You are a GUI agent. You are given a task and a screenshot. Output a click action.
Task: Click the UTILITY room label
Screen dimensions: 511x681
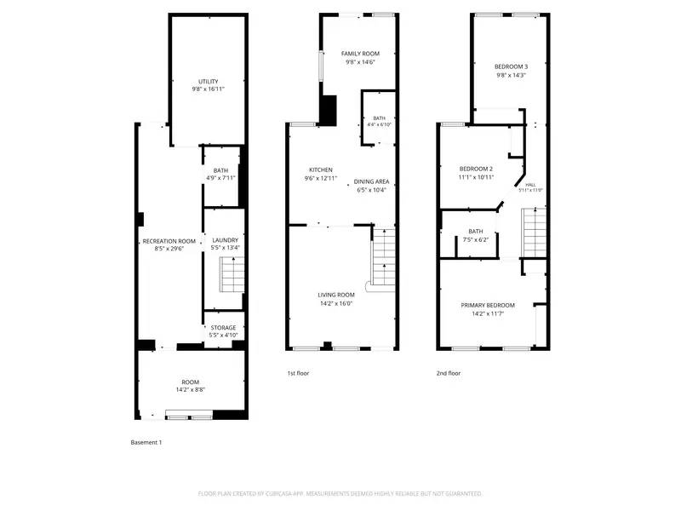(x=209, y=82)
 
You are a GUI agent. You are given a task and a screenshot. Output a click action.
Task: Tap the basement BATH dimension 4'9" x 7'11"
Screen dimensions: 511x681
(x=220, y=178)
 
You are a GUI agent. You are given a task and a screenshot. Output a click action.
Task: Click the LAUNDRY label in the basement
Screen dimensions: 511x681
(x=225, y=240)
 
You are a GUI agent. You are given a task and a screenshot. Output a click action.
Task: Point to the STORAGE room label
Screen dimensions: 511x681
(x=223, y=328)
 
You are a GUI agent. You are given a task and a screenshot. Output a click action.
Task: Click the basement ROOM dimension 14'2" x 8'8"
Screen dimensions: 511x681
(x=191, y=389)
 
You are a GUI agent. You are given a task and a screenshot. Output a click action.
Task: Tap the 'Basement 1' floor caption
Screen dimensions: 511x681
(x=146, y=442)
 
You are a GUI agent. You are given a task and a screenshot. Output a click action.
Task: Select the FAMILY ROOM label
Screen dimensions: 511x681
(x=360, y=53)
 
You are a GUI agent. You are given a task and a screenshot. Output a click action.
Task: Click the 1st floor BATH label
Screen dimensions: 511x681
(x=379, y=118)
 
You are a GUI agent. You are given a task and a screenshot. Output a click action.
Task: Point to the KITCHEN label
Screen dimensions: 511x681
(x=321, y=169)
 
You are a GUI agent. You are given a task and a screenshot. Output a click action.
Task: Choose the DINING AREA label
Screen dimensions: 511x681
(x=372, y=181)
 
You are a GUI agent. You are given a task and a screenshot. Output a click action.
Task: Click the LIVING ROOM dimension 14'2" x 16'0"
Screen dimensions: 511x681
(x=336, y=303)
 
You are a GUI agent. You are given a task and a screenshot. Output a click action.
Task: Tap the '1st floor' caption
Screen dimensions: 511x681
(x=298, y=373)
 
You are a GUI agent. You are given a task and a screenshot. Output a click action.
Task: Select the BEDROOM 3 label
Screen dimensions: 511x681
(x=512, y=66)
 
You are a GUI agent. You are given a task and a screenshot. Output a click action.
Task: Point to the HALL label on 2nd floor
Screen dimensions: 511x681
(x=530, y=185)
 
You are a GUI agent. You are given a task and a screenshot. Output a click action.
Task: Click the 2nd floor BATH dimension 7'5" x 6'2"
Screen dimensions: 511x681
(x=475, y=239)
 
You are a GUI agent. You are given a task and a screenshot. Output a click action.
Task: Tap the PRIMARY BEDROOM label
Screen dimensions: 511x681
(x=488, y=305)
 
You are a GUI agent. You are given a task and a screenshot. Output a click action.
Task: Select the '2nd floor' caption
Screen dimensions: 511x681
(x=449, y=373)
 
